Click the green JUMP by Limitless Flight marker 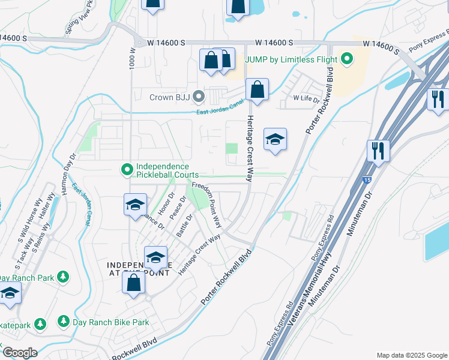(x=346, y=59)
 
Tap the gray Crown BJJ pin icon (x=203, y=96)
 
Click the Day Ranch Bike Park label (x=110, y=322)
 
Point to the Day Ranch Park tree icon (x=62, y=278)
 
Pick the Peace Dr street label (x=176, y=206)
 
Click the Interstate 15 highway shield (x=366, y=179)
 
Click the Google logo (x=20, y=352)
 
